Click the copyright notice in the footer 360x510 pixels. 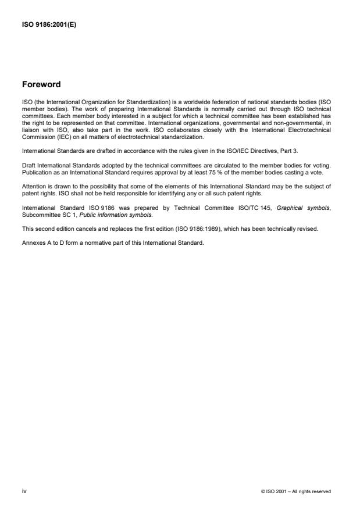(x=296, y=491)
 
